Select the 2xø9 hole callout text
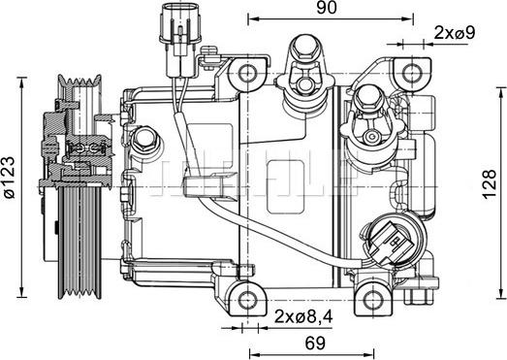(x=453, y=33)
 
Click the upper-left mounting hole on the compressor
(x=249, y=72)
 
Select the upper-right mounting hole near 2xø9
(x=406, y=71)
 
